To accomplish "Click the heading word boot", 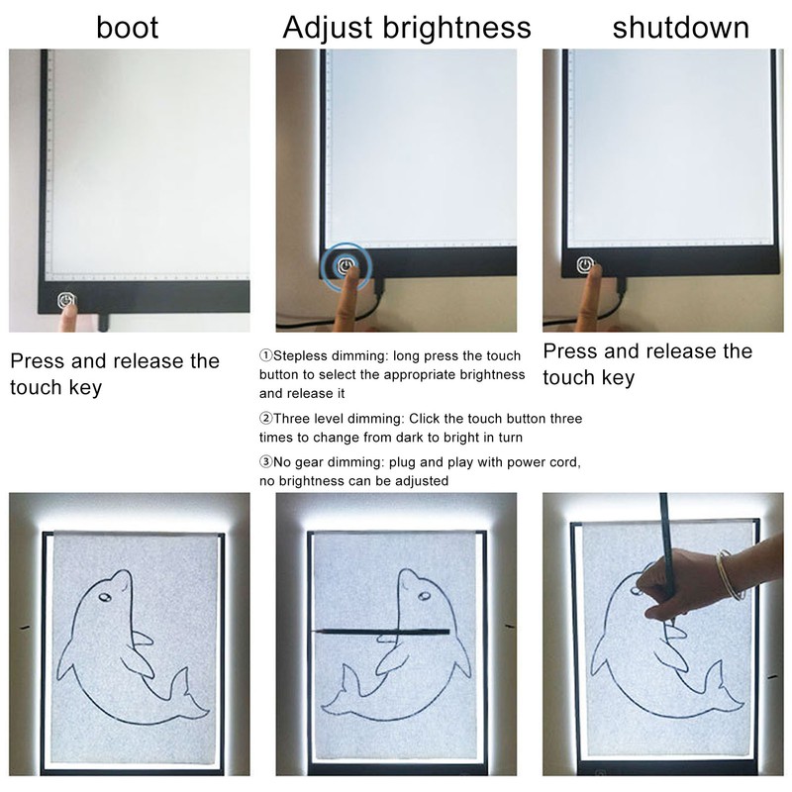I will pos(127,26).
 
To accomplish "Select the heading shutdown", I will pos(680,26).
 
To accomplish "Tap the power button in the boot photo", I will pos(66,298).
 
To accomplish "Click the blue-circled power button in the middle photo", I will pos(346,265).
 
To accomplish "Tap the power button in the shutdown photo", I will pos(587,265).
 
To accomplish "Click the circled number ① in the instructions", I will pos(265,355).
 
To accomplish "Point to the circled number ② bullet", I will pos(265,419).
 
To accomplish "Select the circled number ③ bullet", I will pos(265,462).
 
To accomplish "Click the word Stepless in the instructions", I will pos(300,355).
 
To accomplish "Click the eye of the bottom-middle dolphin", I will pos(423,596).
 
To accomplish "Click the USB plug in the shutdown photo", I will pos(619,286).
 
